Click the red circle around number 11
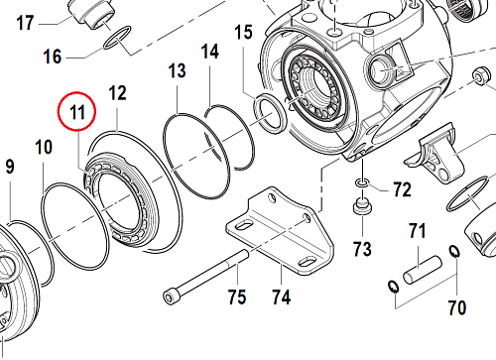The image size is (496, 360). pos(77,113)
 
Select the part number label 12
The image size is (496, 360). pos(117,93)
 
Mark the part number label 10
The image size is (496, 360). pos(43,148)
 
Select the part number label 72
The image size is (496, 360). pos(402,187)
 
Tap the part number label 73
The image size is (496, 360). pos(360,247)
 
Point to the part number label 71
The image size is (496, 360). pos(418,232)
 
